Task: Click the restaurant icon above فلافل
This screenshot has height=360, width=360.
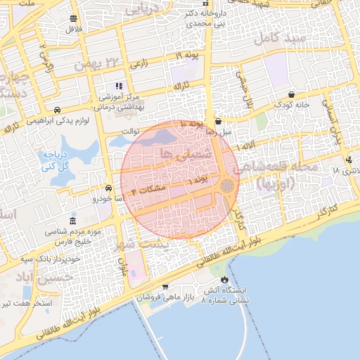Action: (74, 19)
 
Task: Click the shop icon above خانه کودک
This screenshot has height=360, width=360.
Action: (291, 94)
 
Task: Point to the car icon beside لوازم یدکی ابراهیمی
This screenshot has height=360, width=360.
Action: (57, 110)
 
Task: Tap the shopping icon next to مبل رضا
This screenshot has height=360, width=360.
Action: (218, 121)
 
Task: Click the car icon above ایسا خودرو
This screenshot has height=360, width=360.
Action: (108, 188)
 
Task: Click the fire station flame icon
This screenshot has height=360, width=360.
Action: (224, 280)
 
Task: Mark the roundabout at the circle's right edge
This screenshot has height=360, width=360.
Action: (227, 186)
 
